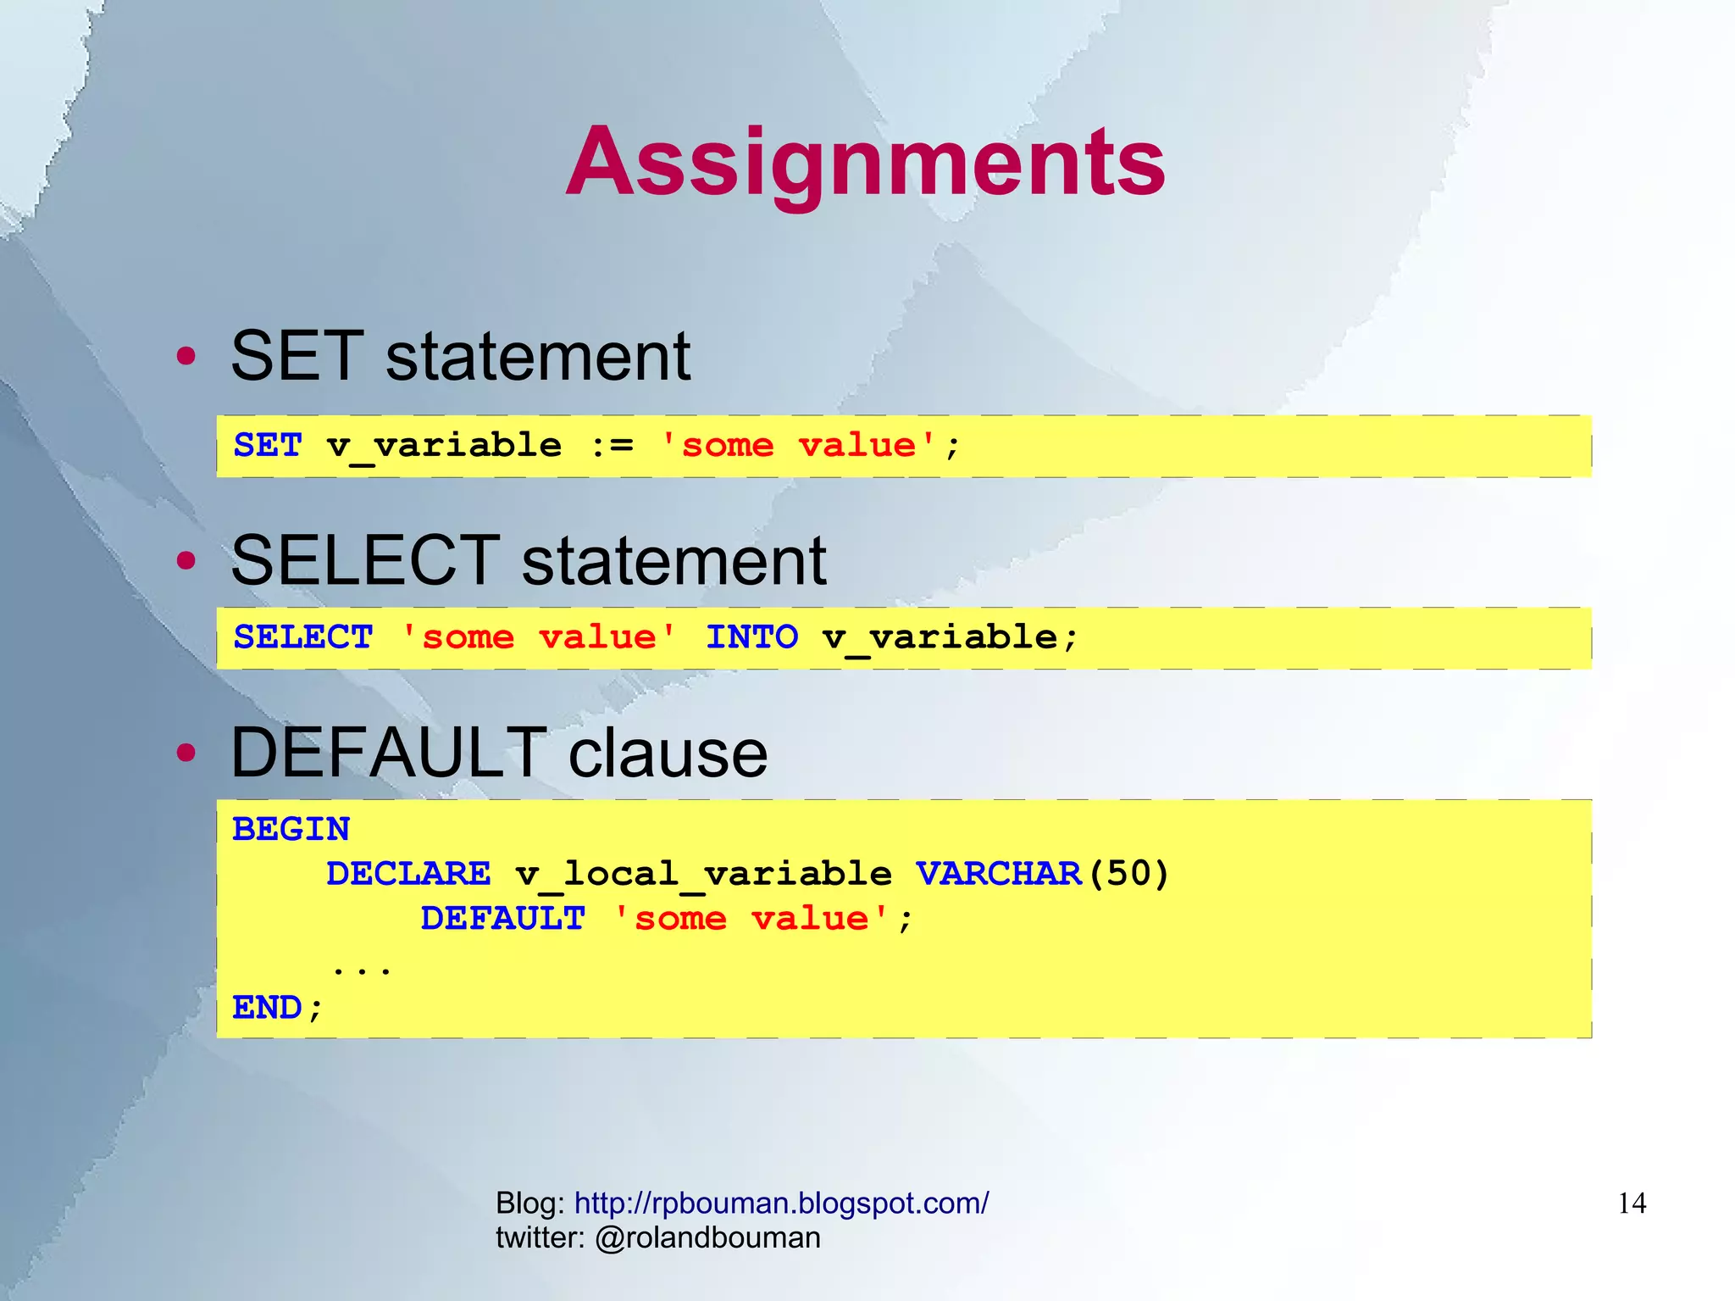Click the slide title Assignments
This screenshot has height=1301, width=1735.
coord(865,161)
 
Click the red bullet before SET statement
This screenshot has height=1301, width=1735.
coord(186,356)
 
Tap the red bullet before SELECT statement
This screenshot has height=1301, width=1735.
coord(186,560)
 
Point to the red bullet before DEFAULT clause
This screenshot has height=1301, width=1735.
coord(186,753)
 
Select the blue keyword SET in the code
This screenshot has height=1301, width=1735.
coord(268,445)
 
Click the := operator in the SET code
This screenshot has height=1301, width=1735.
coord(612,445)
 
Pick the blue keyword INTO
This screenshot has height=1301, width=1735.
coord(751,637)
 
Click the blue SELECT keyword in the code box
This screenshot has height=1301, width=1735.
coord(303,637)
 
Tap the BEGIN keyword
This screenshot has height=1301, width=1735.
coord(291,829)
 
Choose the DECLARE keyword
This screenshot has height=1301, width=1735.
coord(408,874)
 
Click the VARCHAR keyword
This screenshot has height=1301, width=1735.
coord(998,874)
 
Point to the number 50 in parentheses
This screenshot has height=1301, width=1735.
coord(1127,874)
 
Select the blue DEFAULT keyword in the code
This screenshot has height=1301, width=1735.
coord(502,919)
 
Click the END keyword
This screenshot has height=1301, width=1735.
coord(268,1008)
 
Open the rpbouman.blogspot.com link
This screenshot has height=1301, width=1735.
coord(781,1203)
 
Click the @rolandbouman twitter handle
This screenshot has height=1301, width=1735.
coord(707,1237)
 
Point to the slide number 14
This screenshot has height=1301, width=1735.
coord(1632,1204)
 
